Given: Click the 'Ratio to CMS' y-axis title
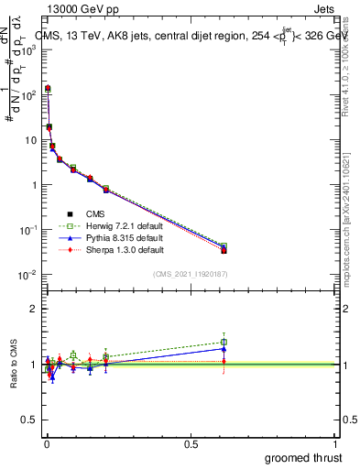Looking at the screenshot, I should [13, 365].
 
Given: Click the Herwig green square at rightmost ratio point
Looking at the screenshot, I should [224, 342].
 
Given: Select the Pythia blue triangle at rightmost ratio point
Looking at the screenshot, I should [224, 348].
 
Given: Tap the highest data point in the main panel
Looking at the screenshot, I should [48, 89].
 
